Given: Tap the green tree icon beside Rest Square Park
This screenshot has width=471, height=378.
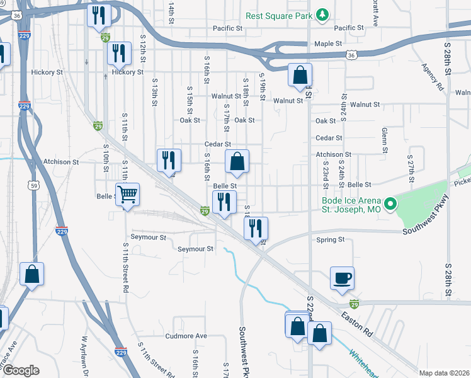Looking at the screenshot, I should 322,14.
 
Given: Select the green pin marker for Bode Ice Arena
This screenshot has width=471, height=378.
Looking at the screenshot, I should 390,203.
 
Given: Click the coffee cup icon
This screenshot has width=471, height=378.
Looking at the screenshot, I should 342,278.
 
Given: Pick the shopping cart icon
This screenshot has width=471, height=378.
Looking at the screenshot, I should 127,195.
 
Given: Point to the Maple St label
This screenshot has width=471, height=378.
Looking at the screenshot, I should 328,44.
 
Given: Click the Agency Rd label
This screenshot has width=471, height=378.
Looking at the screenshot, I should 433,77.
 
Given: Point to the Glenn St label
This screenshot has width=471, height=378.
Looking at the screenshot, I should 383,140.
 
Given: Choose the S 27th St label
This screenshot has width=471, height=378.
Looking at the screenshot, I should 410,169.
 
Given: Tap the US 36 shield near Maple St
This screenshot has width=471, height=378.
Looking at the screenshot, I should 351,56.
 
